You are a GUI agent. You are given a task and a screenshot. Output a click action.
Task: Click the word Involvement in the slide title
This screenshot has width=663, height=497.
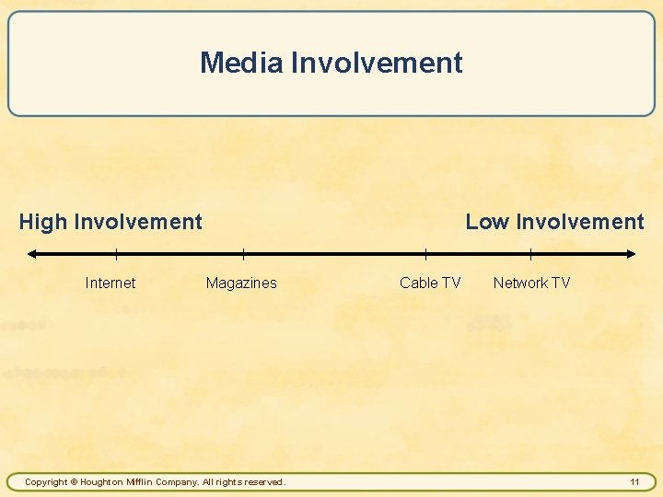click(x=377, y=63)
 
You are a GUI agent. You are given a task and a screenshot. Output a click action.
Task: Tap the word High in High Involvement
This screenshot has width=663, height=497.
click(x=43, y=222)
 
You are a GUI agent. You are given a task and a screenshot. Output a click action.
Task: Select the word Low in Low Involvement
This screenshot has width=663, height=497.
click(x=487, y=222)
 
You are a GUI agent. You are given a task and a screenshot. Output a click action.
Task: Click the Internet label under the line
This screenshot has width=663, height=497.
click(x=110, y=283)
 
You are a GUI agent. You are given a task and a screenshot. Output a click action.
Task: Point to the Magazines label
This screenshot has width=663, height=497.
click(x=241, y=283)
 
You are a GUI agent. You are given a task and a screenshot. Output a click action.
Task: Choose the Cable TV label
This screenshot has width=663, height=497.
click(x=430, y=283)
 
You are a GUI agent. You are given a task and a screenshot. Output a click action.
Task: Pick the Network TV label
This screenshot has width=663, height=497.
click(x=531, y=283)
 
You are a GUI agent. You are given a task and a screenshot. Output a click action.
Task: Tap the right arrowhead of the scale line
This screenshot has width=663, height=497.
click(x=631, y=254)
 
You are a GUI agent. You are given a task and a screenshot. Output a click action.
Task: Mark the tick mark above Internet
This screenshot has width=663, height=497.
click(x=116, y=254)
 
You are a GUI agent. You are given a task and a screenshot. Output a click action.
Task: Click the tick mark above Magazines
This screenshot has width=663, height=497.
click(x=243, y=254)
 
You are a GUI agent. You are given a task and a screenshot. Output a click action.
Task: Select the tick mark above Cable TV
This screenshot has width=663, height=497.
click(x=425, y=254)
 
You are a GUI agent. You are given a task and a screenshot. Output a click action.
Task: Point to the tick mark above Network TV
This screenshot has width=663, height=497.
click(x=530, y=254)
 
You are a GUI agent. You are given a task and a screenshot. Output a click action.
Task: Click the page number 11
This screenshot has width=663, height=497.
click(x=634, y=481)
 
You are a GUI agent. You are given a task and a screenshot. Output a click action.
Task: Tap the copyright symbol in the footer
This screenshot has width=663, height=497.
click(x=74, y=482)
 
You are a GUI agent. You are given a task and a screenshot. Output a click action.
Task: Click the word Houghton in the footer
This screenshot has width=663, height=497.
click(x=104, y=482)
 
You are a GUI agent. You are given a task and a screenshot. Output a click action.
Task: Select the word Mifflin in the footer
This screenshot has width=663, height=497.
click(x=142, y=482)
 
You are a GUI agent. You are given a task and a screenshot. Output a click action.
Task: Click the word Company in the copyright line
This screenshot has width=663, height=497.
click(x=177, y=482)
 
